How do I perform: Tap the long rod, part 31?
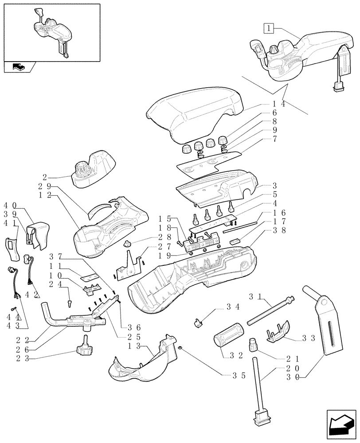tap(269, 312)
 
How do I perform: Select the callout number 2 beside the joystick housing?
tap(58, 176)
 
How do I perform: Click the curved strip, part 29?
tap(100, 208)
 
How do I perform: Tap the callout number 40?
tap(11, 206)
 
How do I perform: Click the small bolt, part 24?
tap(69, 303)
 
